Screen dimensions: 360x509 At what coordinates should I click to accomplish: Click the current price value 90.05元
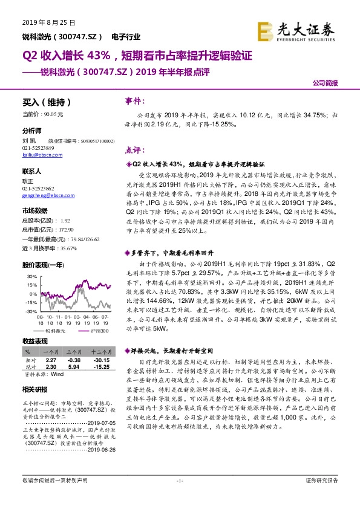[53, 114]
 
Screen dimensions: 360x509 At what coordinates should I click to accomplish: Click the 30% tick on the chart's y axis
[30, 276]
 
